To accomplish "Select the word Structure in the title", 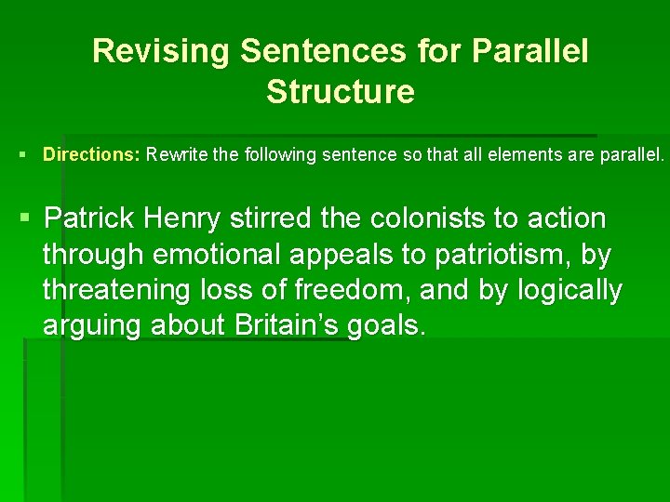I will (x=340, y=92).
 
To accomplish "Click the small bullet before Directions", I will (x=21, y=155).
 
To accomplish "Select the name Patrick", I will (x=89, y=219).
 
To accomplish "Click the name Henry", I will (x=182, y=219).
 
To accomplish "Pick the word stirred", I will (x=272, y=219).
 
